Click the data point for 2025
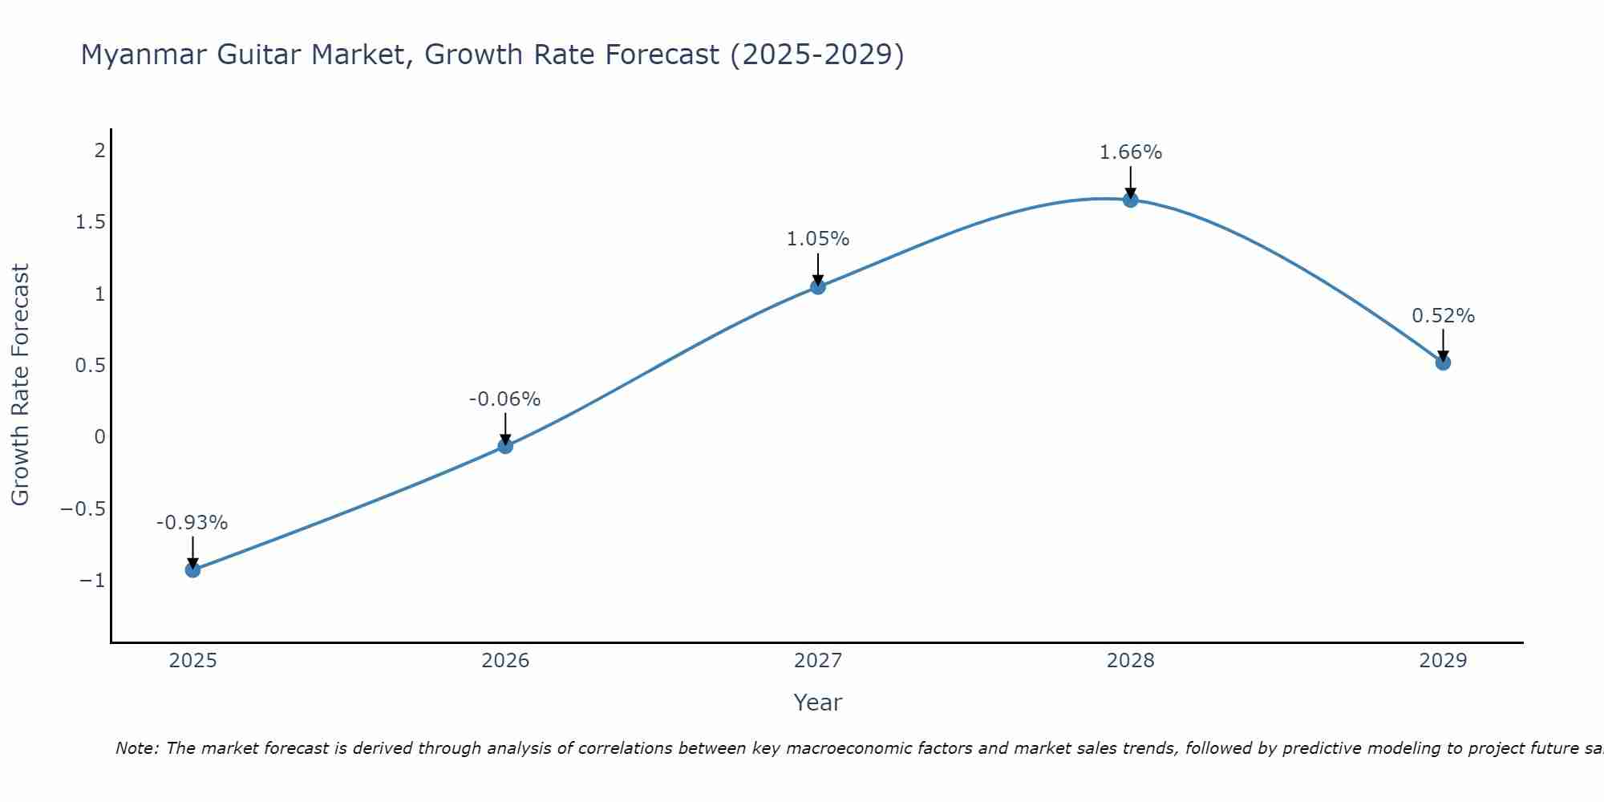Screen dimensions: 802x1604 pos(192,569)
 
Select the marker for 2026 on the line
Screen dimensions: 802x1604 pos(505,446)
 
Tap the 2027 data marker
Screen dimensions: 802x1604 pos(817,286)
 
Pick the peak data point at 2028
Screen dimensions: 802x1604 pos(1130,200)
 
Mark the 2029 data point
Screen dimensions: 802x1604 pos(1443,363)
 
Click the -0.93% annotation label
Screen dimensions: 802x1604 pos(192,523)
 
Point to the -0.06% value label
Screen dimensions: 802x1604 pos(504,399)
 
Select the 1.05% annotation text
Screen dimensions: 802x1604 pos(817,239)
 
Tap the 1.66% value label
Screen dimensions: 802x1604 pos(1130,152)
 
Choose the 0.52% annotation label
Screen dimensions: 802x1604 pos(1443,316)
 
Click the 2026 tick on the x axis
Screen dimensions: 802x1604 pos(505,661)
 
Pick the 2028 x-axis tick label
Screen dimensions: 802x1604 pos(1130,661)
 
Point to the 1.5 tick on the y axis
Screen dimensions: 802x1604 pos(90,222)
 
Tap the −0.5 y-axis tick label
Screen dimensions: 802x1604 pos(83,509)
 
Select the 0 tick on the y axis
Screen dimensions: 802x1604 pos(99,437)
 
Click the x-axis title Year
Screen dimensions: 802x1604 pos(817,703)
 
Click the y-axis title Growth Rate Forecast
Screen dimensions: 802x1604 pos(20,385)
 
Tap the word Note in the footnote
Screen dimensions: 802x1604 pos(136,748)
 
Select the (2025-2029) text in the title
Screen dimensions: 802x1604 pos(816,55)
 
